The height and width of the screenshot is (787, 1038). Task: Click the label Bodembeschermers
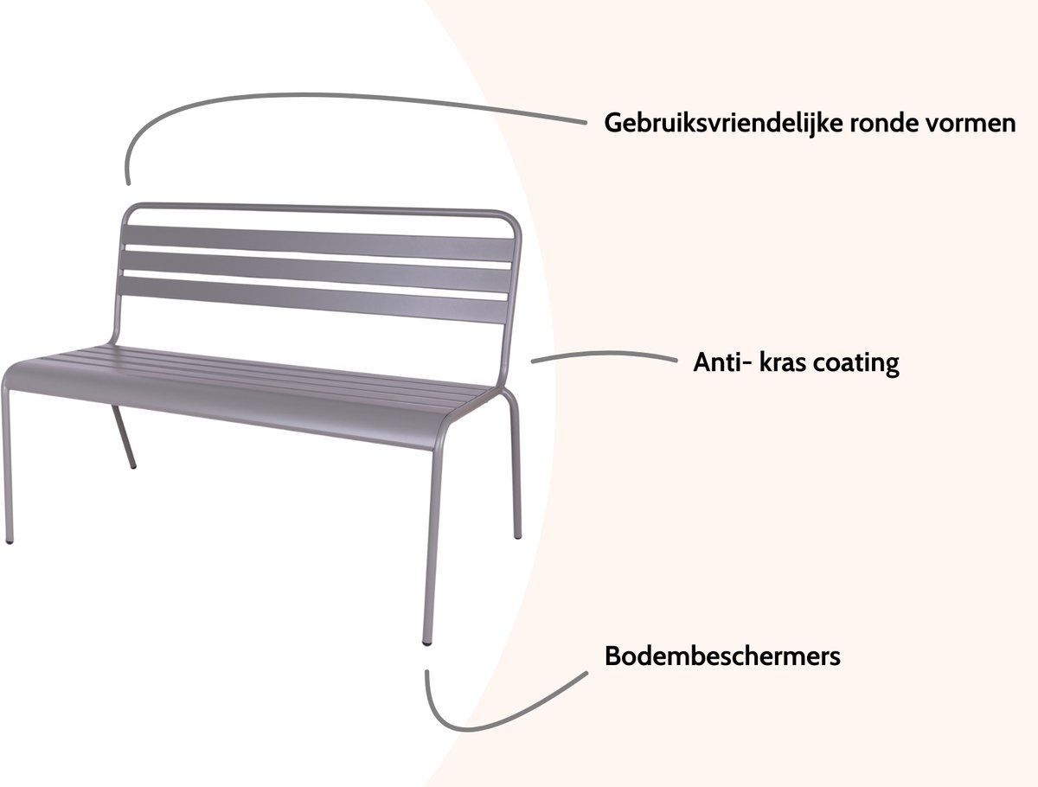coord(722,656)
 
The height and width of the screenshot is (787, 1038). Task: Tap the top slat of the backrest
coord(318,243)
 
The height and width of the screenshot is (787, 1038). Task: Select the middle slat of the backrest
coord(316,271)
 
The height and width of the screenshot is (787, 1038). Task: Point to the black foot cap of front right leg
coord(427,643)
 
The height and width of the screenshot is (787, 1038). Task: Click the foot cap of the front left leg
coord(10,541)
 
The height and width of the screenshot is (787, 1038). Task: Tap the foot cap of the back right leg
coord(518,536)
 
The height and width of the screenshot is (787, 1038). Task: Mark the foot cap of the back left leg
coord(134,466)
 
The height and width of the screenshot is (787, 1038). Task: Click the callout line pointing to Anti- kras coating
coord(605,354)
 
